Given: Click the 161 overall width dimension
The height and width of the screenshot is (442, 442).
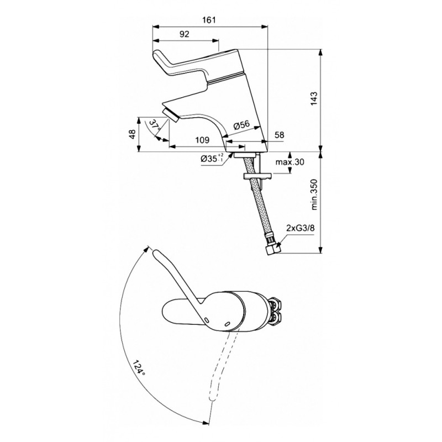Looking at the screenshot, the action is (209, 20).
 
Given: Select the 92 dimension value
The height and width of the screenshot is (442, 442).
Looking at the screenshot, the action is (185, 34).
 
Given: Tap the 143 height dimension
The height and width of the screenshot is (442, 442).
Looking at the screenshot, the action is (314, 99).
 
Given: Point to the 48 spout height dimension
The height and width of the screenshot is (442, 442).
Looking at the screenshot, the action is (133, 133).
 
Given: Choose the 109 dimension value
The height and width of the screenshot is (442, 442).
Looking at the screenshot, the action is (202, 140).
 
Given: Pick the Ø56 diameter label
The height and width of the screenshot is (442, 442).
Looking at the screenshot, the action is (241, 125).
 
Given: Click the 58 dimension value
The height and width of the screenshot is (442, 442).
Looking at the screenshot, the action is (279, 135).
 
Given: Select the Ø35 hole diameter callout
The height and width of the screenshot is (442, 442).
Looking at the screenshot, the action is (212, 158).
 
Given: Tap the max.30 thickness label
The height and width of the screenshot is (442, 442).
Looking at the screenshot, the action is (290, 162).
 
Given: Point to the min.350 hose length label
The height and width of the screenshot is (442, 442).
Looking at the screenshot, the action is (314, 194).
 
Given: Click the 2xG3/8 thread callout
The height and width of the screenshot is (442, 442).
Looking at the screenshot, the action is (300, 228).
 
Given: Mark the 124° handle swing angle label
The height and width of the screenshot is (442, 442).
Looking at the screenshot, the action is (139, 367).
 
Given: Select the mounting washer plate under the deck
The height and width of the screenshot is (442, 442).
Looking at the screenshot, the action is (257, 176).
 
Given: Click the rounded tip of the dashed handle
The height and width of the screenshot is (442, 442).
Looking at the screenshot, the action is (212, 398).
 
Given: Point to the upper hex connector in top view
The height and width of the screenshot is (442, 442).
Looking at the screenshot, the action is (275, 304).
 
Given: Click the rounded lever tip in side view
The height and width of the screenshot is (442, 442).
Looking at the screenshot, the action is (157, 55).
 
